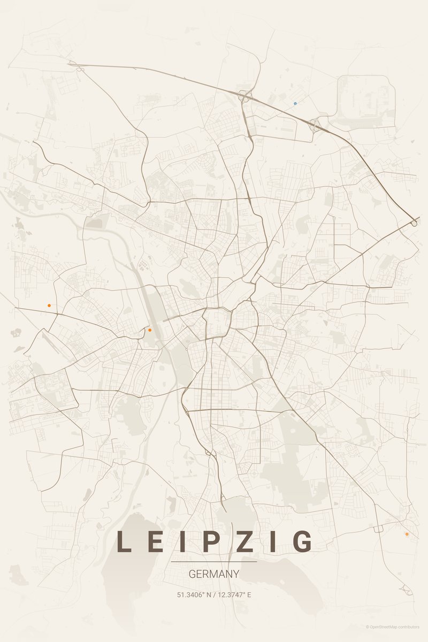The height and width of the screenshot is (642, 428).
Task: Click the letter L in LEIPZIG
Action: (x=124, y=541)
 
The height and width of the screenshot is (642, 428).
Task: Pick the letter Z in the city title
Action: (x=245, y=541)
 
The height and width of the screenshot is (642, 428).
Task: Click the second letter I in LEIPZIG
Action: (x=274, y=541)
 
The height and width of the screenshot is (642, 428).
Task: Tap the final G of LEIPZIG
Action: (x=303, y=541)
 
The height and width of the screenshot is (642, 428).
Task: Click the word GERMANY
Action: (x=214, y=574)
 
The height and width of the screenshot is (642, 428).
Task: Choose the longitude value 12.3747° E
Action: (x=234, y=594)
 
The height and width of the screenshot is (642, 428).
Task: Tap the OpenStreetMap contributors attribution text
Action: (x=394, y=626)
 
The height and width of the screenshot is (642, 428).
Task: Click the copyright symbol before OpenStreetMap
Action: (x=368, y=626)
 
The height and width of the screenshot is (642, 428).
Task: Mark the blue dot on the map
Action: (x=295, y=103)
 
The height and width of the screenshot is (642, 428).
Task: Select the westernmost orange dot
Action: (x=49, y=305)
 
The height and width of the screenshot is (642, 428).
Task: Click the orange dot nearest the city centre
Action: (x=150, y=330)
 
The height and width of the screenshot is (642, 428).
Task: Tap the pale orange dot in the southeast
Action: (x=407, y=534)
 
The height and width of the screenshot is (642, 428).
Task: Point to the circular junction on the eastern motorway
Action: (x=414, y=223)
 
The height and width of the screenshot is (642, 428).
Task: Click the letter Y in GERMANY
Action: (x=235, y=574)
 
